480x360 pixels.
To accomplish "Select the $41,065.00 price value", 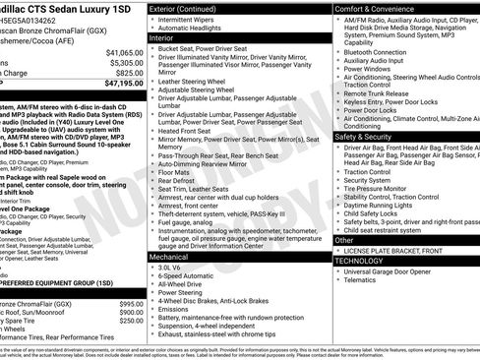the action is pyautogui.click(x=119, y=51).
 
